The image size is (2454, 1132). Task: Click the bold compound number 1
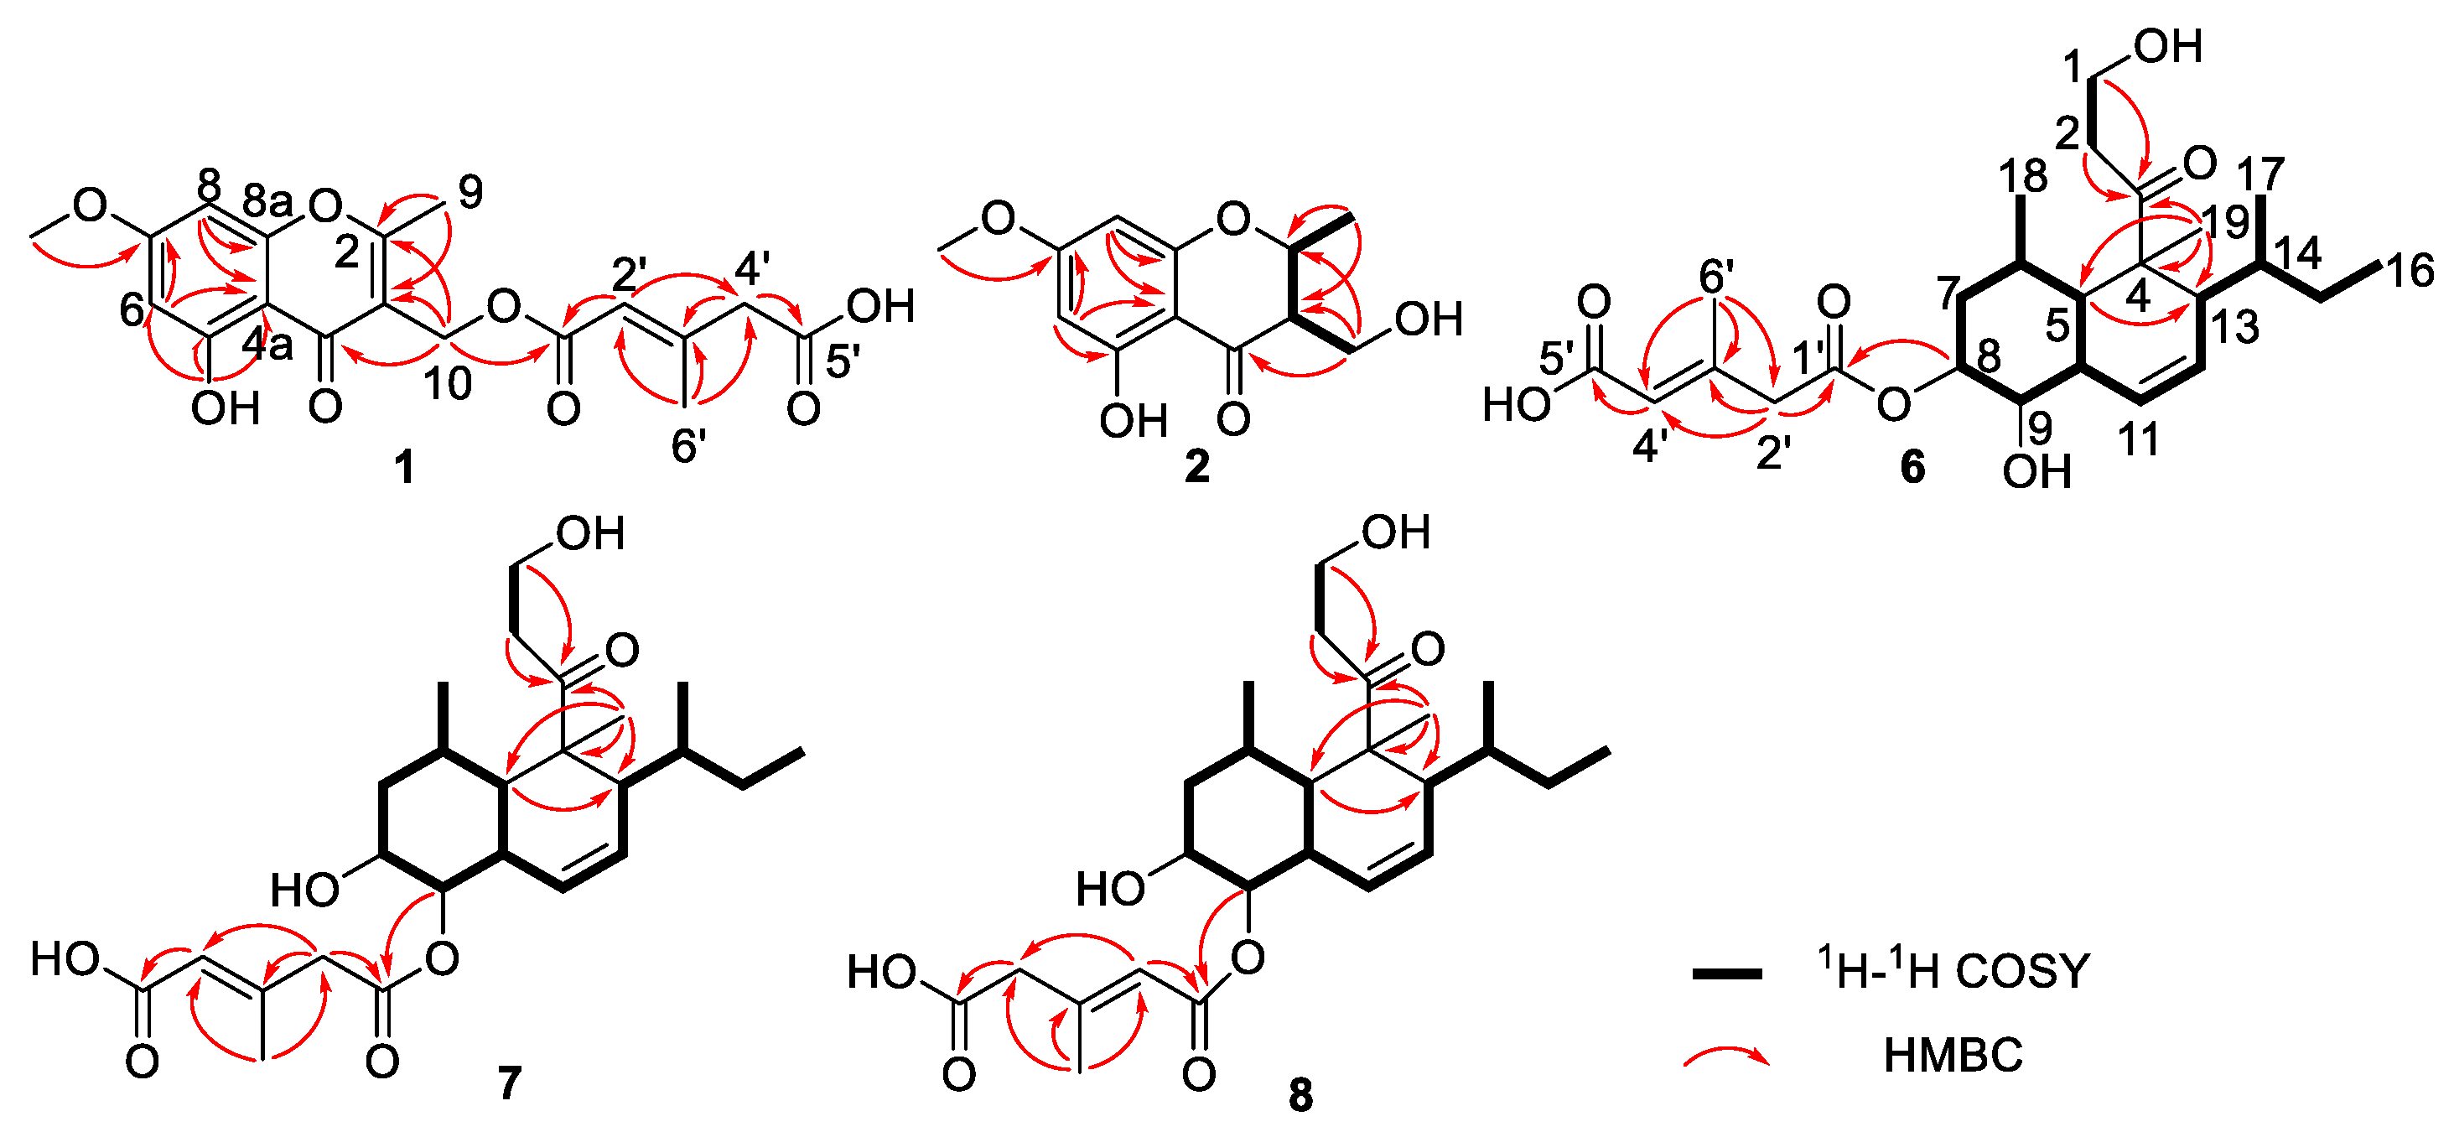pos(405,467)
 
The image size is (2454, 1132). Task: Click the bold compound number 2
pos(1196,467)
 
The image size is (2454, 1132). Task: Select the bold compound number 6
pos(1912,467)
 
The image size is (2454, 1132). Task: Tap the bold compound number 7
pos(510,1083)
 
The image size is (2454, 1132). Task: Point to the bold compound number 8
pos(1300,1096)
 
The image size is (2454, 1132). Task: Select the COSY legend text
pos(1953,972)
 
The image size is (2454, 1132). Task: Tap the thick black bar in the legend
pos(1726,973)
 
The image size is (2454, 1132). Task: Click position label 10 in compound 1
pos(448,383)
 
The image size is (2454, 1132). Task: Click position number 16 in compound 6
pos(2411,271)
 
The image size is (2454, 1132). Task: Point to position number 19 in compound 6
pos(2223,221)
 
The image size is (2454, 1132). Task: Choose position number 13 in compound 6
pos(2234,327)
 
